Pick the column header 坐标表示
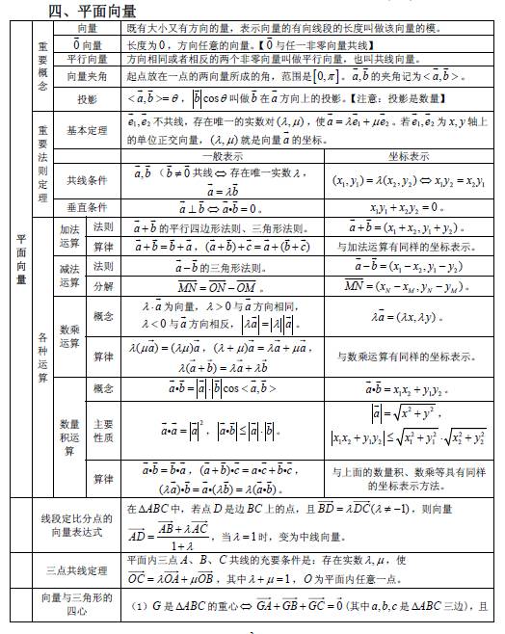(x=410, y=154)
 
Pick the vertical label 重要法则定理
(x=42, y=164)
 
